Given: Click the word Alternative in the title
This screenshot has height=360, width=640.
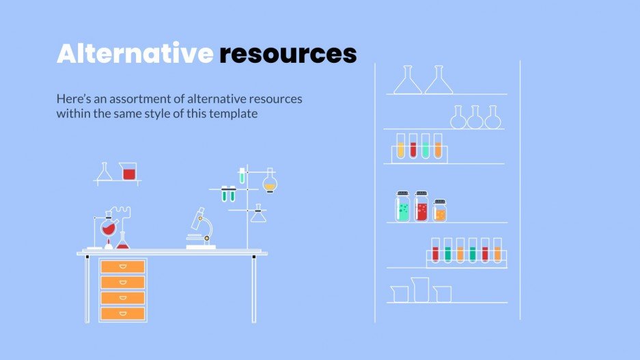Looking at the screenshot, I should (x=135, y=54).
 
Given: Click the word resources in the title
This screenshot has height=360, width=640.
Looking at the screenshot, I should (x=288, y=54).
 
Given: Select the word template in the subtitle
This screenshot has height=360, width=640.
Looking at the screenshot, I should (x=232, y=114).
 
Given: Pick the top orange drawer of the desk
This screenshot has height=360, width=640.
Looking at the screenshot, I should (x=123, y=266).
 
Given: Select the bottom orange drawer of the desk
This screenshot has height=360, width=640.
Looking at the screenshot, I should (x=123, y=314).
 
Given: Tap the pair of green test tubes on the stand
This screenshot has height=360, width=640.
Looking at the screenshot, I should (x=227, y=194).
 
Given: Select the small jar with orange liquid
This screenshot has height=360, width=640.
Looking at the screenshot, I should (x=440, y=211).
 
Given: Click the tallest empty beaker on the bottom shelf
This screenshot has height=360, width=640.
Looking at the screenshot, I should (x=419, y=290).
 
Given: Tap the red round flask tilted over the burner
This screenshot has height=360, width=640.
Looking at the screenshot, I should (x=109, y=228).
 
